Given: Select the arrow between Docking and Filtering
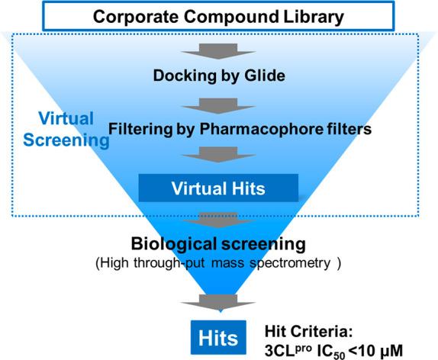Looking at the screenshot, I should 220,102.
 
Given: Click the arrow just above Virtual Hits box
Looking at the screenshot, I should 220,155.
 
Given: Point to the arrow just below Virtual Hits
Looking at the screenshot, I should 220,220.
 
